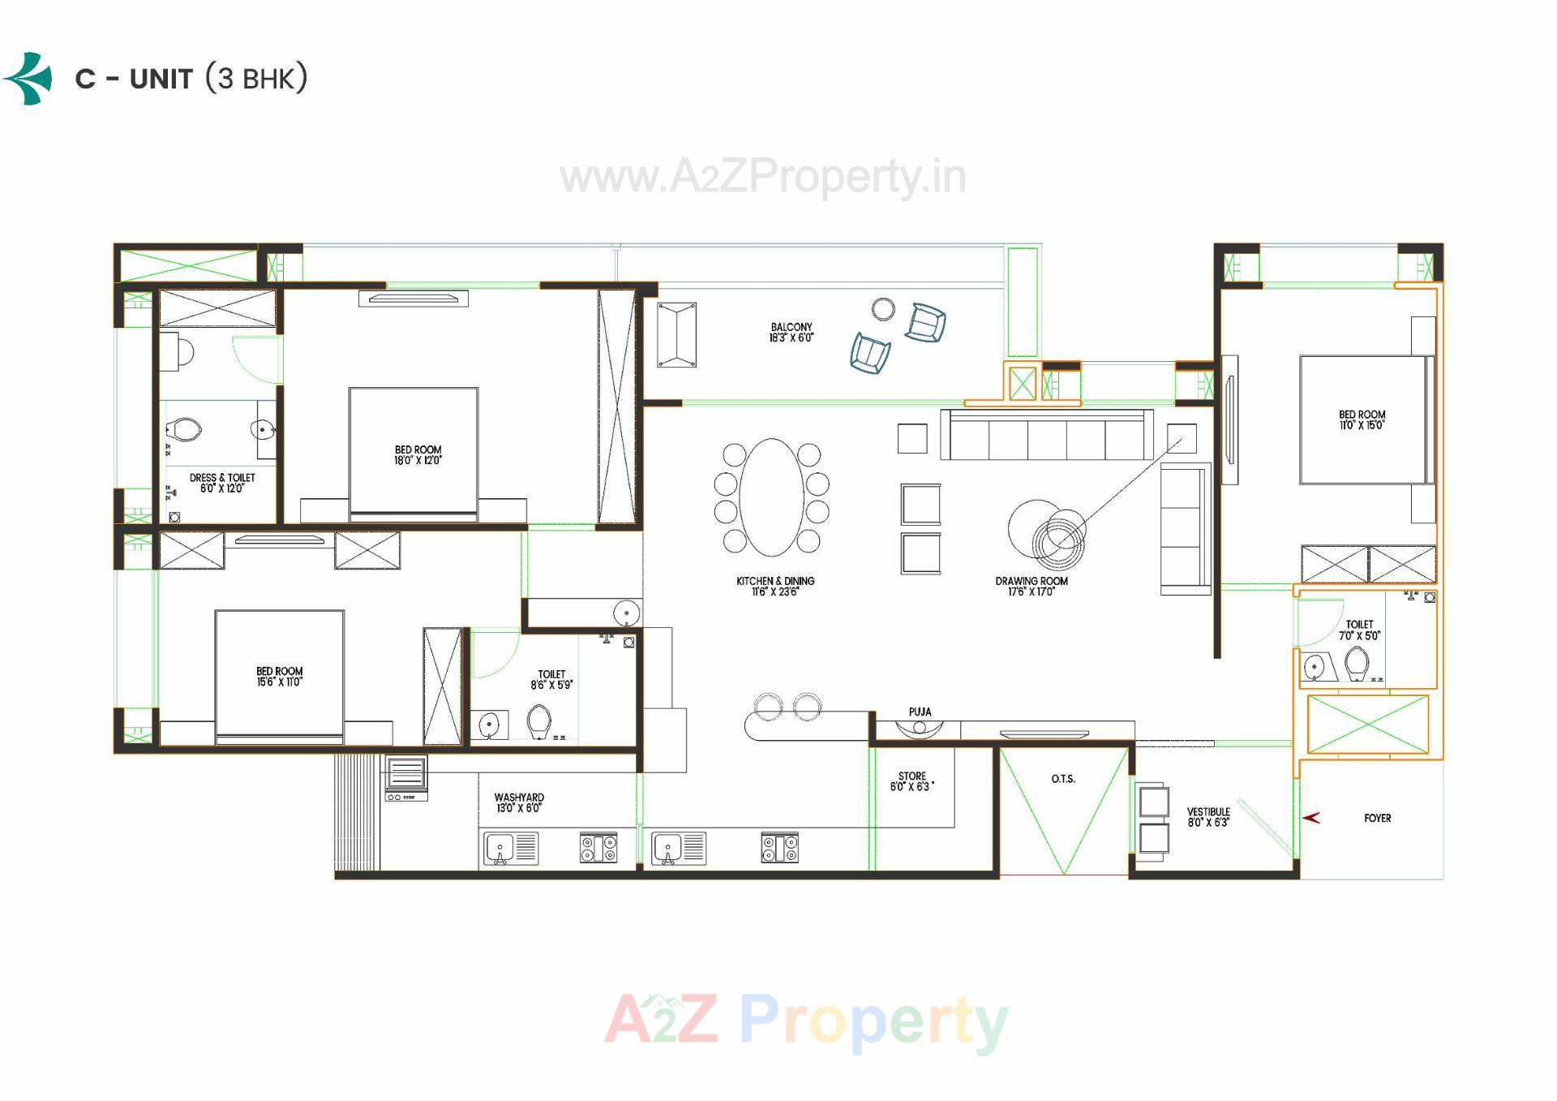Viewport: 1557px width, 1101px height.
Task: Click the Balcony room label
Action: tap(791, 333)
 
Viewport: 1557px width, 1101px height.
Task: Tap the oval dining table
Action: tap(772, 497)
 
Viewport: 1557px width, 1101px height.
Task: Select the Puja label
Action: tap(920, 712)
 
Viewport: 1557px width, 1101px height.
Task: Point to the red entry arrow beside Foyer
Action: tap(1311, 818)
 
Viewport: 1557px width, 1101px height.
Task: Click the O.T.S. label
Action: tap(1063, 779)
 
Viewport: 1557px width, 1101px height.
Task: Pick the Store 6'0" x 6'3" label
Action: tap(911, 781)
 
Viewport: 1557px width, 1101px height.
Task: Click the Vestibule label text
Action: tap(1208, 816)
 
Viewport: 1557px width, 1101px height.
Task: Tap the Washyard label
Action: tap(519, 802)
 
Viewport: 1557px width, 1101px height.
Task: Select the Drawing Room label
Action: tap(1032, 586)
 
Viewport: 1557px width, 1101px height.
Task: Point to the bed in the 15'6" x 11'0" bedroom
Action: tap(280, 676)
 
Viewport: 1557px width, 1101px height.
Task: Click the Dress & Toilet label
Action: tap(222, 483)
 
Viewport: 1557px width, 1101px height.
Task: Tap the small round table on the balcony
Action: tap(883, 309)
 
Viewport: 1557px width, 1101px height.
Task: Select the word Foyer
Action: tap(1377, 818)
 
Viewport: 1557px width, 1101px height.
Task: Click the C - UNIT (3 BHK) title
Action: tap(191, 79)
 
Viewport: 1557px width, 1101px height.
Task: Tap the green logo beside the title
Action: tap(29, 79)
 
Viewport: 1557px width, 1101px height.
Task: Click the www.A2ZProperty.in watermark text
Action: tap(762, 178)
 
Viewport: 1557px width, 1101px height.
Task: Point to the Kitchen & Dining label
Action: tap(775, 586)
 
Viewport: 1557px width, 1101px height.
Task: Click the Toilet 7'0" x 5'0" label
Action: tap(1359, 630)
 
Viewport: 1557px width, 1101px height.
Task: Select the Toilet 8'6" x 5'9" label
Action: tap(551, 679)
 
